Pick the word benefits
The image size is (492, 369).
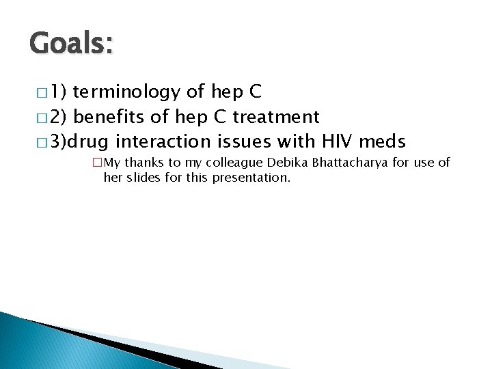(109, 117)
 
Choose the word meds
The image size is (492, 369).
(382, 141)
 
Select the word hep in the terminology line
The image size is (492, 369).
(222, 92)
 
